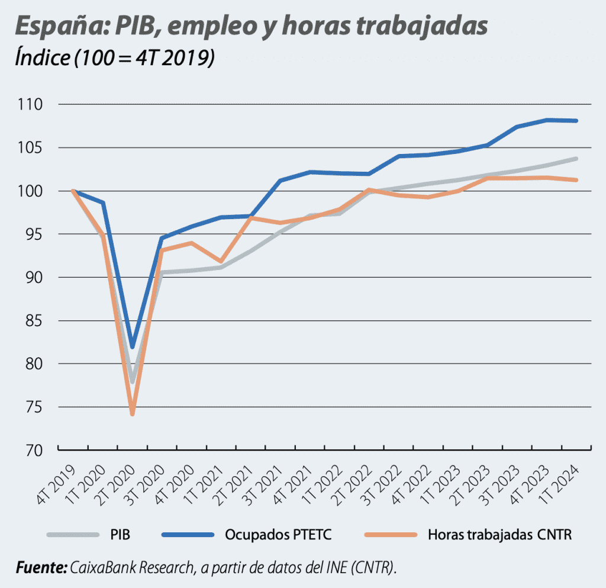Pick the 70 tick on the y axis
pyautogui.click(x=34, y=451)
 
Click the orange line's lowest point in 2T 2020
pyautogui.click(x=133, y=413)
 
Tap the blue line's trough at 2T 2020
pyautogui.click(x=133, y=346)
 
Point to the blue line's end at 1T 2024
pyautogui.click(x=576, y=121)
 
